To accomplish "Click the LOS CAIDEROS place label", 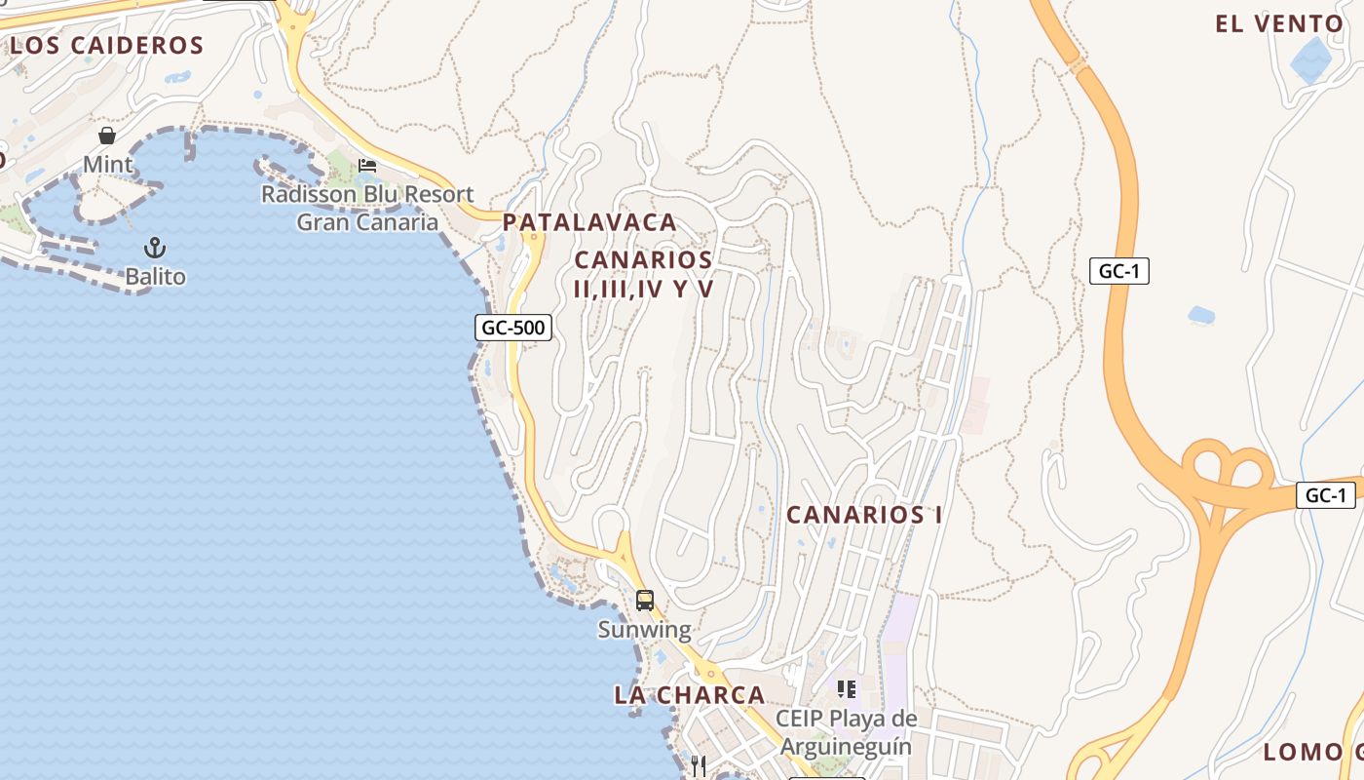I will tap(106, 45).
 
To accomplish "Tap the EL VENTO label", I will tap(1279, 24).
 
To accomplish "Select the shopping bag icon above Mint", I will tap(107, 136).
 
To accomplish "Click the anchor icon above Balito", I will tap(154, 248).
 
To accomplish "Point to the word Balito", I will tap(155, 277).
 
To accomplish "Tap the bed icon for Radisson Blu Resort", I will tap(367, 165).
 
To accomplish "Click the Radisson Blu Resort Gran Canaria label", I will tap(367, 208).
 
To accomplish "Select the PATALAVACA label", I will tap(589, 222).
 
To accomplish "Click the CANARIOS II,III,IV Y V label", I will tap(644, 274).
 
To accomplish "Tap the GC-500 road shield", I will tap(513, 328).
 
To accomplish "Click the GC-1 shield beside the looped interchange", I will tap(1326, 495).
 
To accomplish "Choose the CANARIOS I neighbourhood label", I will tap(864, 515).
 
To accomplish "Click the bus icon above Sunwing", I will tap(644, 600).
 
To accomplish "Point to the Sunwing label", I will tap(644, 630).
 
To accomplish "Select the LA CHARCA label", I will tap(689, 695).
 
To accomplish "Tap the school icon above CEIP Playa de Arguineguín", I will tap(847, 689).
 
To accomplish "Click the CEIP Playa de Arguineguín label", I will tap(846, 733).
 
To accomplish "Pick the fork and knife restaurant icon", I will tap(698, 765).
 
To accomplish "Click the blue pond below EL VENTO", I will tap(1311, 59).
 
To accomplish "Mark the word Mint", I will tap(107, 164).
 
